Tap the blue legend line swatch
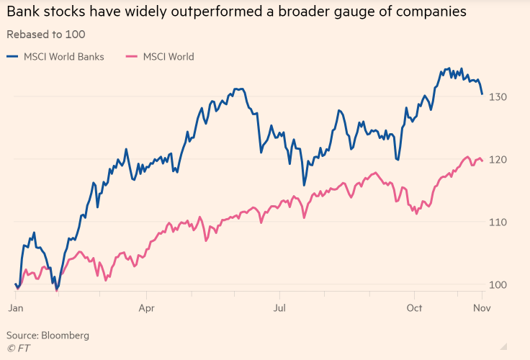click(x=13, y=57)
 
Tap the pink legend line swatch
click(x=132, y=57)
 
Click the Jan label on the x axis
click(x=15, y=308)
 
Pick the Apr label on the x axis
click(x=147, y=308)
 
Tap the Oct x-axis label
click(x=413, y=308)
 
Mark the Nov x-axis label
click(x=481, y=308)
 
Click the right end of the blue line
click(x=482, y=94)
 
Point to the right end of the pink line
click(x=482, y=160)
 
